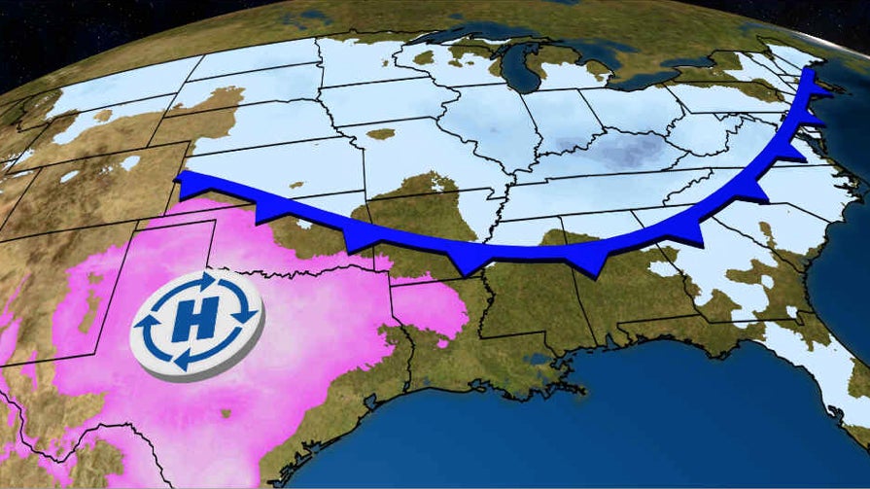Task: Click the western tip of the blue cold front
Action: pyautogui.click(x=179, y=178)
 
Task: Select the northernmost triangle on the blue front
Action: pyautogui.click(x=818, y=92)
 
